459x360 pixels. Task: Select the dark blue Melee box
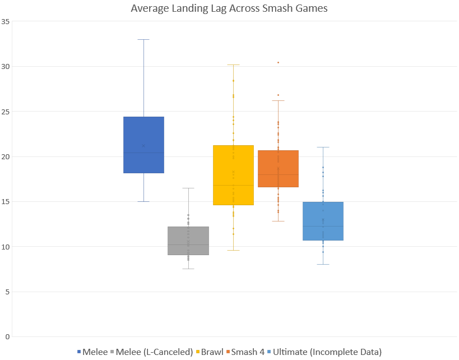[143, 145]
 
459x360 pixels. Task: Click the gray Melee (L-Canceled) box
[188, 241]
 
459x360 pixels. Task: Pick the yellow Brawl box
[233, 175]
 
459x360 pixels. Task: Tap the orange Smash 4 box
[278, 168]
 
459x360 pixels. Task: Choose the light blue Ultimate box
[323, 221]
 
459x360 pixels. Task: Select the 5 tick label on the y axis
[7, 292]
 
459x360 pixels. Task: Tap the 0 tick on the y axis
[7, 336]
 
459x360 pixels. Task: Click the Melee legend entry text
[95, 352]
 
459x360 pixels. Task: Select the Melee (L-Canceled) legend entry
[154, 352]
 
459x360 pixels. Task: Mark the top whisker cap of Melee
[143, 40]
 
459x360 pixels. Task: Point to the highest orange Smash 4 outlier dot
[278, 62]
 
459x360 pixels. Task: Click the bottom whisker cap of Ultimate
[323, 264]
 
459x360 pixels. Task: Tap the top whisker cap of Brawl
[233, 64]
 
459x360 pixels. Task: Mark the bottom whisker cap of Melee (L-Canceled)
[188, 269]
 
